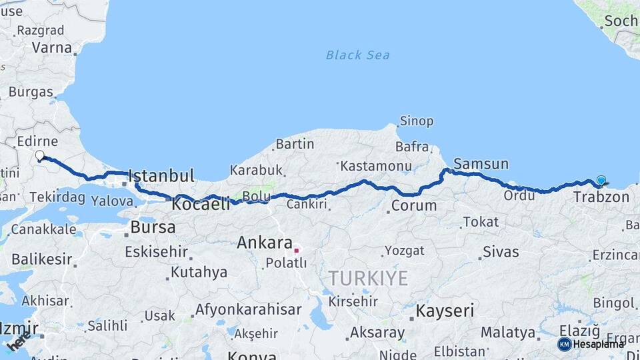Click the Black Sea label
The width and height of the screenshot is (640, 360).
(357, 55)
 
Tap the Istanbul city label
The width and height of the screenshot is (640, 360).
(161, 176)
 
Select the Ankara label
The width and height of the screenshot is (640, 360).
(265, 243)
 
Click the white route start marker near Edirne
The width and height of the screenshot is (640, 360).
(39, 155)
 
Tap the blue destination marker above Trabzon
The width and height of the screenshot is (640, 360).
(601, 180)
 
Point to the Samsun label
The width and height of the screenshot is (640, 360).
(481, 164)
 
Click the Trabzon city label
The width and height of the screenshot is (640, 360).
(601, 197)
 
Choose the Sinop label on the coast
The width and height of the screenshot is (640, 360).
(416, 121)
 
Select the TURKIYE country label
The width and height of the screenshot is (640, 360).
(367, 278)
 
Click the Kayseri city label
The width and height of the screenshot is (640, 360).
(445, 311)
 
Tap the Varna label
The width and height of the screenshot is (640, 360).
(51, 48)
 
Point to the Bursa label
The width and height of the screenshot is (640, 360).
(153, 227)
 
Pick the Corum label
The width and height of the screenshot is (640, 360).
(413, 205)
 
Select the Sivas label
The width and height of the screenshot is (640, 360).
(500, 252)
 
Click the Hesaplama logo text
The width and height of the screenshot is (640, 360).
(598, 344)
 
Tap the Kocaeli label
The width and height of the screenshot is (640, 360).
(201, 204)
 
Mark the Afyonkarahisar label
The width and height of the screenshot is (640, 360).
(248, 310)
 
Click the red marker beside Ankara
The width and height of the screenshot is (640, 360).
(297, 251)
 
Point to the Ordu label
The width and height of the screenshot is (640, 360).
(519, 195)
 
